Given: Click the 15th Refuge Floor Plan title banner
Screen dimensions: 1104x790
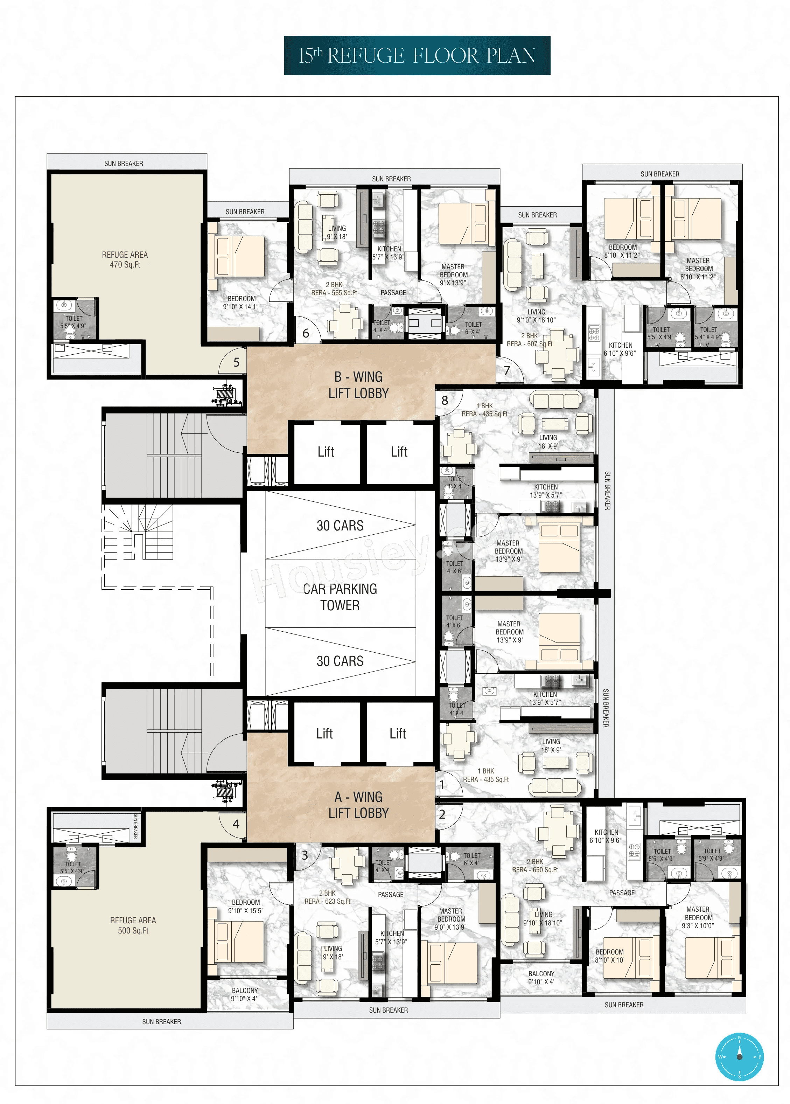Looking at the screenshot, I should point(417,55).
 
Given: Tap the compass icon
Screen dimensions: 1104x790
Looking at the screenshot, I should point(739,1057).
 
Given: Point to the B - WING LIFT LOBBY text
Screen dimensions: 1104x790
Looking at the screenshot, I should point(358,385).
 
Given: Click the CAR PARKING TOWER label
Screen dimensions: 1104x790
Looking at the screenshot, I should point(340,597).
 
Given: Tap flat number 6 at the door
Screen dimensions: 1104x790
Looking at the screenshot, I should point(306,333).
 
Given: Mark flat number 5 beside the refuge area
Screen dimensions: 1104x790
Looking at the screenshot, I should point(236,362).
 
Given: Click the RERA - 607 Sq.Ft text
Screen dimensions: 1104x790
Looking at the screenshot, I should point(529,344).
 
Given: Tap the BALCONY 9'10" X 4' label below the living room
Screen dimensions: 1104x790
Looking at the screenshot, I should point(541,978).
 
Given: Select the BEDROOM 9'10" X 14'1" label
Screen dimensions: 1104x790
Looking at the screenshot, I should point(241,303).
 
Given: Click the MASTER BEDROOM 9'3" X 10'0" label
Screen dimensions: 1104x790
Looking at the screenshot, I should point(698,917).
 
